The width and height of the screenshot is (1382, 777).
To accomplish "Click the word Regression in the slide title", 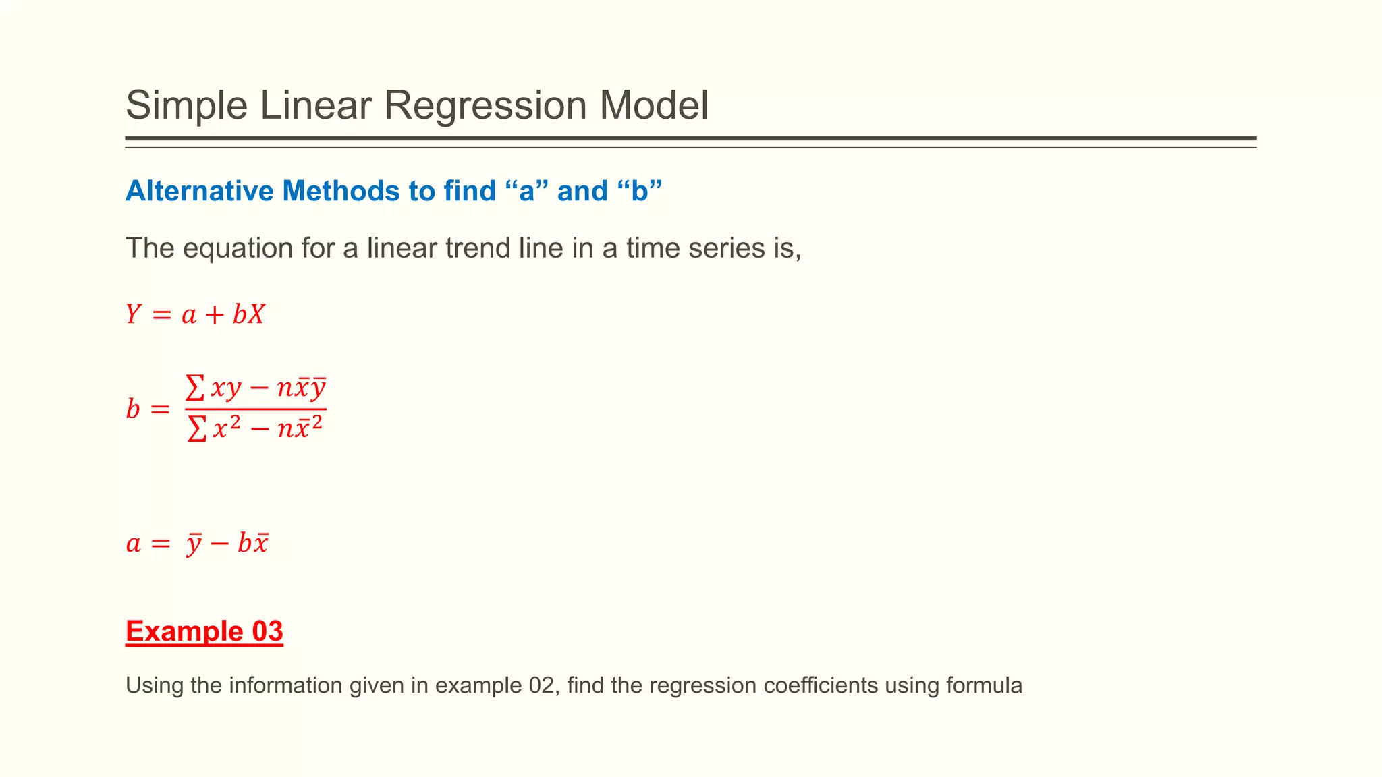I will coord(485,106).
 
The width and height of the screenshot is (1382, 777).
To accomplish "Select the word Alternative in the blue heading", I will coord(200,191).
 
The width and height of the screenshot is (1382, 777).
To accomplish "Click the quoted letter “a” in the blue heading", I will coord(526,191).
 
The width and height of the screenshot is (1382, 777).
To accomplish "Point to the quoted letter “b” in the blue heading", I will coord(640,191).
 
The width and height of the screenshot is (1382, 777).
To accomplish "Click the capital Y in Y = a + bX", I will coord(134,314).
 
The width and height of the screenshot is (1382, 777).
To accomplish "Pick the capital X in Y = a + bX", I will coord(256,314).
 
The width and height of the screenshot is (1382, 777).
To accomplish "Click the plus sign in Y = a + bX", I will coord(215,315).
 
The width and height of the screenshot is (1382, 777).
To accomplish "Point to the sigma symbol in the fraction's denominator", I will coord(196,428).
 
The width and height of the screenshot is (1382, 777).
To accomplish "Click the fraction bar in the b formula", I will coord(256,409).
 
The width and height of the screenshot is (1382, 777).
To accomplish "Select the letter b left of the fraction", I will coord(133,409).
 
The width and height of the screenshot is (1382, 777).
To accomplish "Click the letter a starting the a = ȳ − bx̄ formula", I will coord(134,544).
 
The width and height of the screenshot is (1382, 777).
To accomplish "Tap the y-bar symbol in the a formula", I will coord(194,544).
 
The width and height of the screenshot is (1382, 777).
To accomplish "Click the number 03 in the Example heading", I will coord(267,631).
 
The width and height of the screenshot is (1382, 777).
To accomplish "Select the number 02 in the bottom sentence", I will coord(541,685).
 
